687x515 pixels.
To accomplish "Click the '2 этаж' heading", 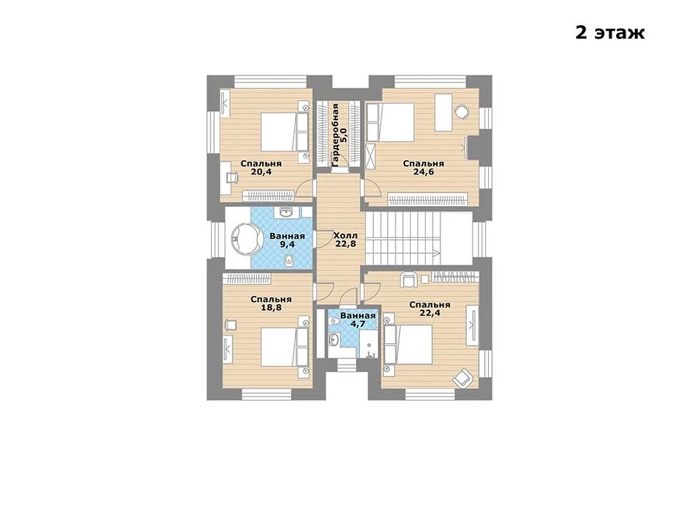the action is click(x=610, y=33).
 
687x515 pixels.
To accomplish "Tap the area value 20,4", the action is click(x=261, y=172).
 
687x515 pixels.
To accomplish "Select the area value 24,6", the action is click(x=423, y=172).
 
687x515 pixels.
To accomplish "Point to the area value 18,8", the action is click(x=271, y=308).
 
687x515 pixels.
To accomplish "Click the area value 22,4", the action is click(x=429, y=313).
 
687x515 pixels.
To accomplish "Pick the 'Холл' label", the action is click(x=346, y=236).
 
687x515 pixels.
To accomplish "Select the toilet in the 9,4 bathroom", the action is click(x=289, y=261).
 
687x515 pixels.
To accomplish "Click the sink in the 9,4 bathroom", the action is click(x=286, y=212).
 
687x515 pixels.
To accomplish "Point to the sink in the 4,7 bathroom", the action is click(x=334, y=339).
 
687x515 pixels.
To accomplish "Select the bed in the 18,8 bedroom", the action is click(x=285, y=347).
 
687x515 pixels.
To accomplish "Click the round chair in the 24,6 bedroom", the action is click(x=462, y=111).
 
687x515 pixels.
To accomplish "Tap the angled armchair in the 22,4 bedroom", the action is click(x=463, y=377).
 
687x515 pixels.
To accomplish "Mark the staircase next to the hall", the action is click(x=419, y=238).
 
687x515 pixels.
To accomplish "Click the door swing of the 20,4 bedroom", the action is click(x=305, y=189).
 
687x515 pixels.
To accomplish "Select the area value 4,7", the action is click(x=357, y=324).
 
